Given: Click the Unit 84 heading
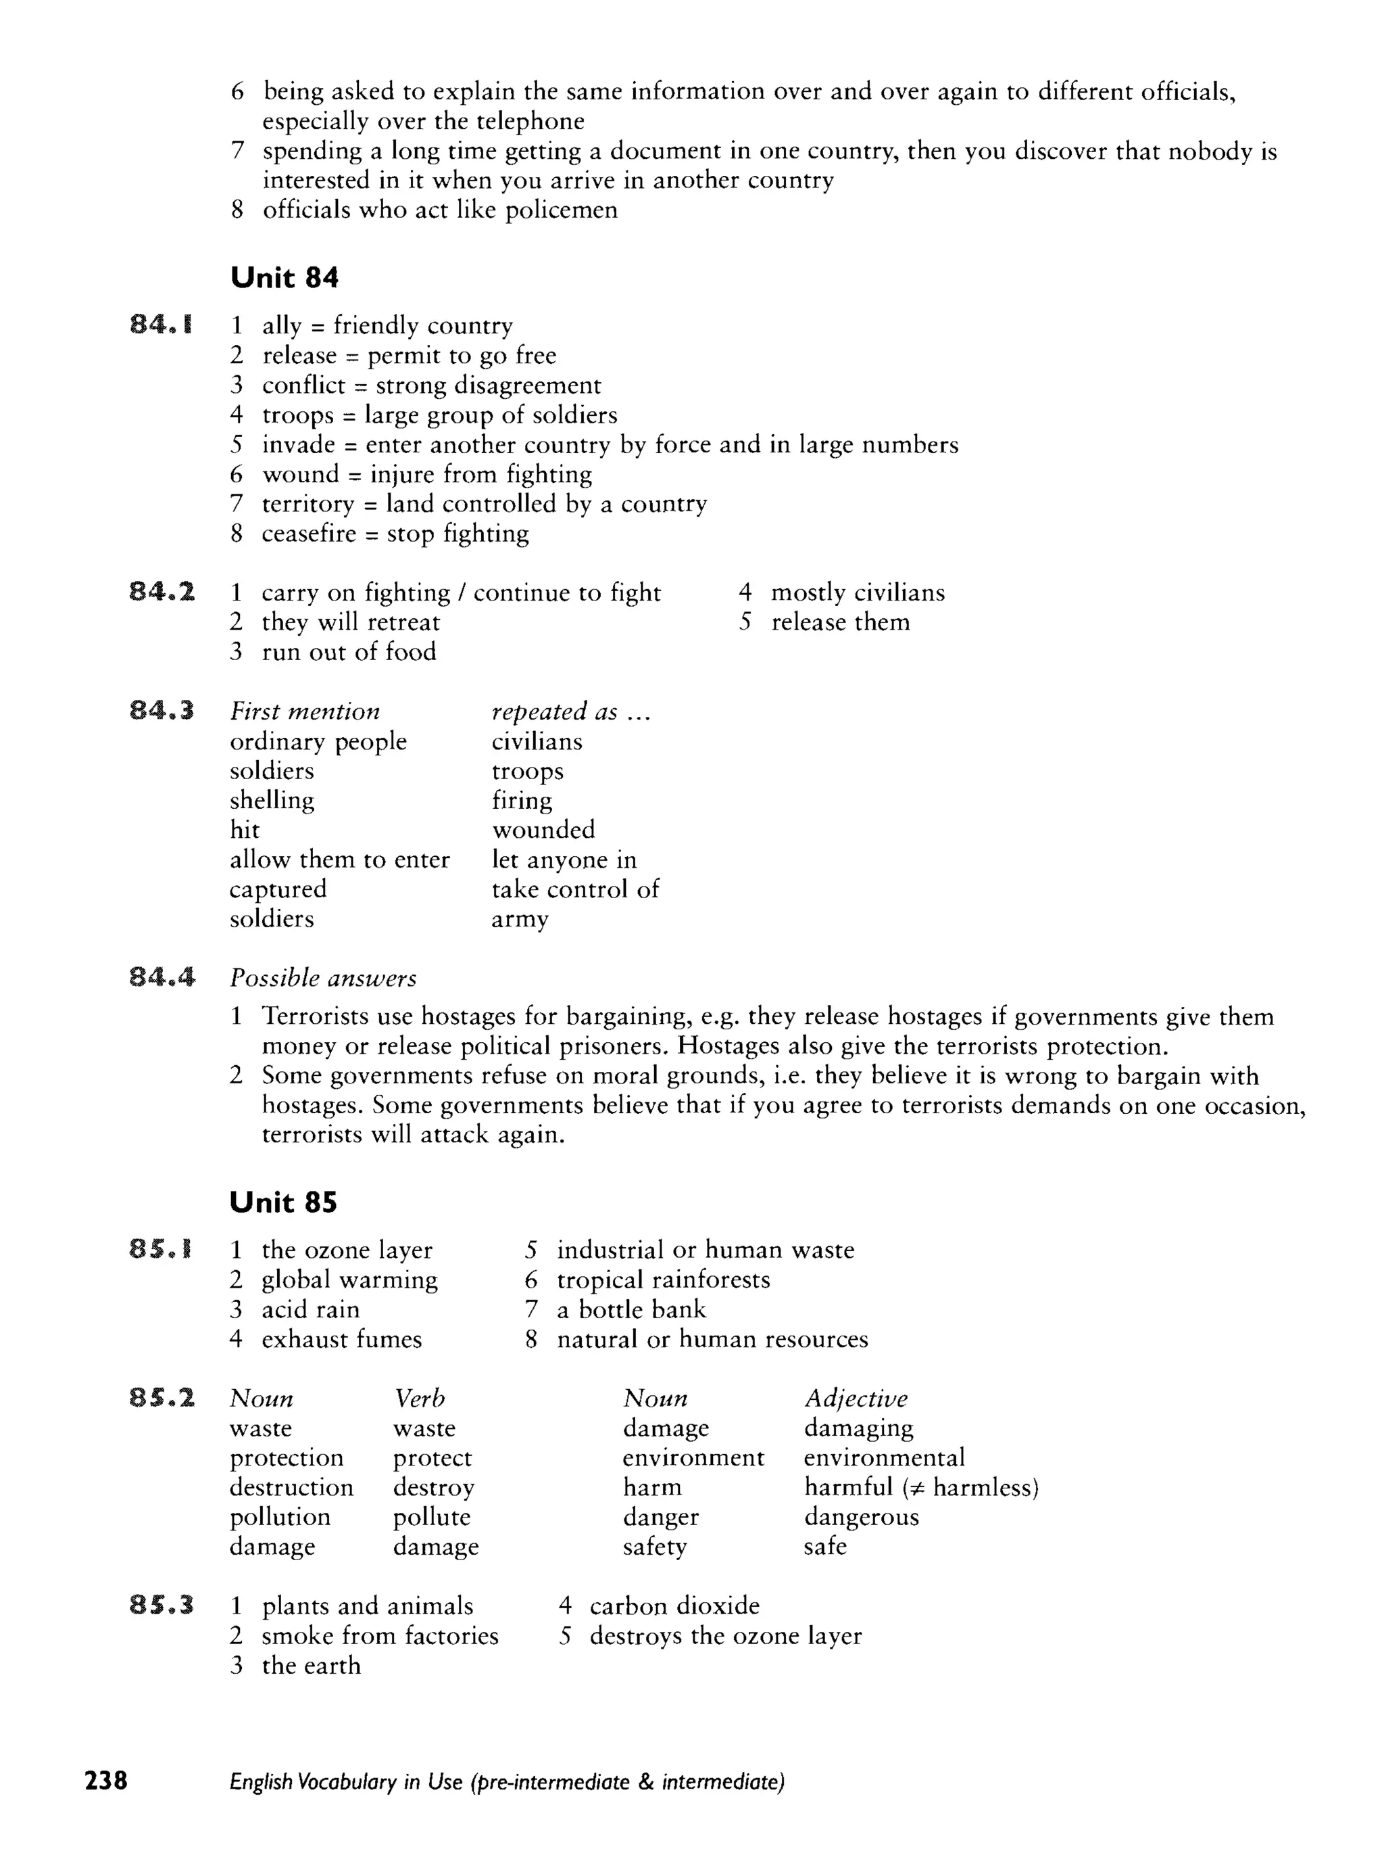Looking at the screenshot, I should click(284, 278).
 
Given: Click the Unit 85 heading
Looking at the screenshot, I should click(283, 1203).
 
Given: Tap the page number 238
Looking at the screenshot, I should click(105, 1780).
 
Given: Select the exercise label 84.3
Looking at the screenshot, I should click(162, 711).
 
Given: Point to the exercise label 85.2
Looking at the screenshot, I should click(162, 1398).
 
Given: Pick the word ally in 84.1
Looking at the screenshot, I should click(281, 326).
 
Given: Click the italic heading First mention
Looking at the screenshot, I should click(305, 712).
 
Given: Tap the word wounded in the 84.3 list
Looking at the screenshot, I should click(543, 830).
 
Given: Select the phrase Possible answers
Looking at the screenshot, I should click(323, 979).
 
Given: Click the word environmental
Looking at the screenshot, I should click(884, 1457).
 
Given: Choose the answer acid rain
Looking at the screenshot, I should click(311, 1310).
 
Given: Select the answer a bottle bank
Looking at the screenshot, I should click(631, 1310).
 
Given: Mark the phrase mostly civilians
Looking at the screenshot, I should click(858, 593).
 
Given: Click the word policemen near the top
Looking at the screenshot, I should click(561, 210).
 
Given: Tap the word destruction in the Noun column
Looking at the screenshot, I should click(291, 1488).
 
